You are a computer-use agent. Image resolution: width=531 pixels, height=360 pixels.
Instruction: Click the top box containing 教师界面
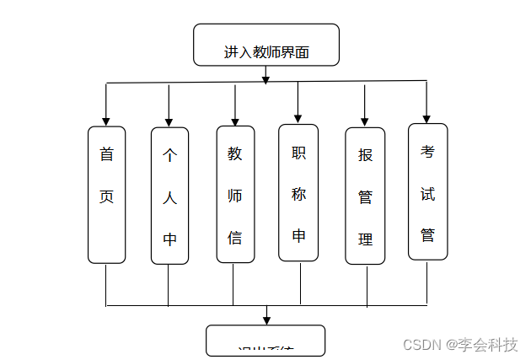tap(266, 46)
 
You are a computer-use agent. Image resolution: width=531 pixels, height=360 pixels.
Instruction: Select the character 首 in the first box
tap(106, 155)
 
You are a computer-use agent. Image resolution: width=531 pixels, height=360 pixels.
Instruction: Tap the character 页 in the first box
tap(106, 197)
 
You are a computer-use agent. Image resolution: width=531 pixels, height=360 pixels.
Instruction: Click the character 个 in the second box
tap(169, 156)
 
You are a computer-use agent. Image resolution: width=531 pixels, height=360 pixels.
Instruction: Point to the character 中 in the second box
tap(169, 239)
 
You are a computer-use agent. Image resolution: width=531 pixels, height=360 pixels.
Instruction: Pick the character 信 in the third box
tap(235, 238)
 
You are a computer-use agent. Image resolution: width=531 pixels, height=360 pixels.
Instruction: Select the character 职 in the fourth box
tap(298, 153)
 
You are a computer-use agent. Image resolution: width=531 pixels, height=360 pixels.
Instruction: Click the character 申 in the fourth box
tap(298, 236)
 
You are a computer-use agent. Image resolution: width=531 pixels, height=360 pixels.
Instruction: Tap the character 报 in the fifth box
tap(365, 156)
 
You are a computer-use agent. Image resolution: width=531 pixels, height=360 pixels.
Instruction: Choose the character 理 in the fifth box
tap(365, 239)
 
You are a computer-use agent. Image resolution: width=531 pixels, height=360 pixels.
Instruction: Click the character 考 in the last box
tap(427, 152)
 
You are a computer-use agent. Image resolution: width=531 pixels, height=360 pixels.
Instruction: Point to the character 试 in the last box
tap(427, 194)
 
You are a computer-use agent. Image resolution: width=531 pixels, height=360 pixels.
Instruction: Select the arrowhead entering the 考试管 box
tap(426, 117)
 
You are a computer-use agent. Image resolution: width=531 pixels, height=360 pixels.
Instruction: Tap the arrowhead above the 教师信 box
tap(235, 120)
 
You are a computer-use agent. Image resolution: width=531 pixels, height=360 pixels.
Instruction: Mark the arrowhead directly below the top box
tap(265, 79)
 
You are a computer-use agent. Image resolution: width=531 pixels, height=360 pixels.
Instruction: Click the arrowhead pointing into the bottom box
tap(266, 320)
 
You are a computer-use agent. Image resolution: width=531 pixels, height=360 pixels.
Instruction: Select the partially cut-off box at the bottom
tap(265, 341)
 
